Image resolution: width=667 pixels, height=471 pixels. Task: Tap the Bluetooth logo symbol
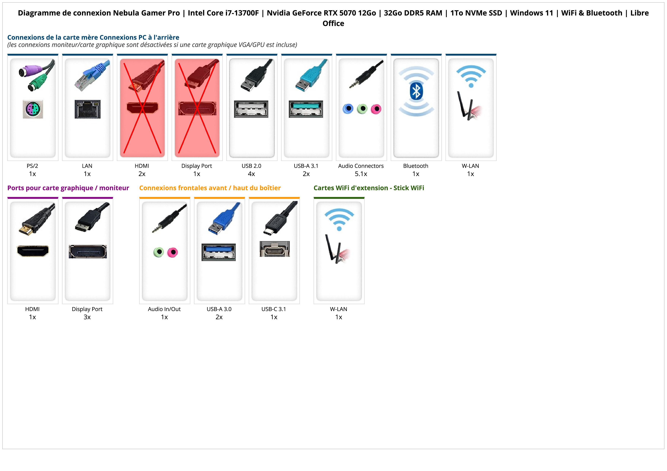coord(416,91)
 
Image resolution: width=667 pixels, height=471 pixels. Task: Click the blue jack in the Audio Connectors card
coord(348,109)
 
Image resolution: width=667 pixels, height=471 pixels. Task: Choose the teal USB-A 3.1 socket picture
coord(306,109)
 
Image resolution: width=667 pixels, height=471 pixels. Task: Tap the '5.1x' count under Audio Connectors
coord(361,174)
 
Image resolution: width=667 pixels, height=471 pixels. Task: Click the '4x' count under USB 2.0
coord(251,174)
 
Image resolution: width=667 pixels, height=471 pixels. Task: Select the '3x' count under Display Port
coord(87,317)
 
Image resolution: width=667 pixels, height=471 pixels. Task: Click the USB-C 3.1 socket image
coord(275,249)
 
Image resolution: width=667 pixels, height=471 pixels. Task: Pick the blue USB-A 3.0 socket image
coord(219,252)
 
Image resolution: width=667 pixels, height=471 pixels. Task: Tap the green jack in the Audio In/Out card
coord(159,252)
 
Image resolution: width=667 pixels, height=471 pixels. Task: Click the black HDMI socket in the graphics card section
coord(33,251)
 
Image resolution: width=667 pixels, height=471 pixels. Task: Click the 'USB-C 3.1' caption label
coord(274,309)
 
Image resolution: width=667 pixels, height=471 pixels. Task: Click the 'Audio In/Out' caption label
coord(164,309)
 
